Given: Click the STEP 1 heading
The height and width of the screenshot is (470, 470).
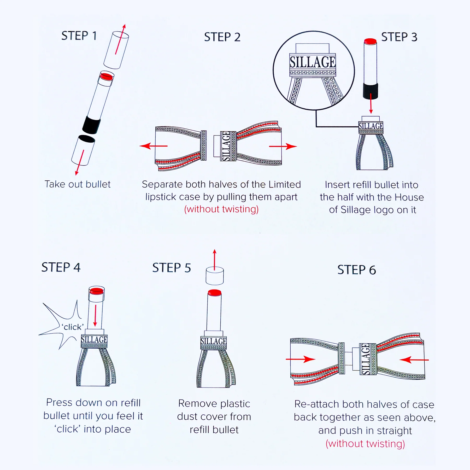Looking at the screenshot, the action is [79, 36].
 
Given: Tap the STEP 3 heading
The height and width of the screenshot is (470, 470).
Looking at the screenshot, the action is [399, 37].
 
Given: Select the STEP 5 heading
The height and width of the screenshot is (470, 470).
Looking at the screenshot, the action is [172, 268].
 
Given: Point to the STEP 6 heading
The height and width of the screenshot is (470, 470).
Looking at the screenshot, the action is [357, 270].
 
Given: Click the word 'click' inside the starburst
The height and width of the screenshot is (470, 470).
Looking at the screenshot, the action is [73, 327].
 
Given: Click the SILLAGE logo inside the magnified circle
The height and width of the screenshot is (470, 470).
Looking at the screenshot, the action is [313, 62].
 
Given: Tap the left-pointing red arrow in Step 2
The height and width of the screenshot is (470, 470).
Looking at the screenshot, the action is [154, 146].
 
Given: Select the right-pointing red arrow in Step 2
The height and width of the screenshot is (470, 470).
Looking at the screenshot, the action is [283, 146].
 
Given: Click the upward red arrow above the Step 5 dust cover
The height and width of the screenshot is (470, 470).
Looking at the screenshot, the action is [215, 260].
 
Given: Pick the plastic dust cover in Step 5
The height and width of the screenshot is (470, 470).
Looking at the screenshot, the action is [215, 276].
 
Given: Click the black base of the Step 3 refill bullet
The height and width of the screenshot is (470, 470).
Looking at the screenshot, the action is [371, 91].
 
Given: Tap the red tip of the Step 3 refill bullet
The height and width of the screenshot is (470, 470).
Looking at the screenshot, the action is [370, 41].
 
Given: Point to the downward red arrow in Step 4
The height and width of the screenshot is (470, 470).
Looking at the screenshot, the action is [95, 315].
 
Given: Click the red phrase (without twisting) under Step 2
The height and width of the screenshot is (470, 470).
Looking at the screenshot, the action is [221, 209].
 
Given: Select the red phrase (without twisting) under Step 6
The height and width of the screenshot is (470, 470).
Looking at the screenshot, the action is [365, 444].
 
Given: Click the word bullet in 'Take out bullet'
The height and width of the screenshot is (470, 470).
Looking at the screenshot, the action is [98, 184].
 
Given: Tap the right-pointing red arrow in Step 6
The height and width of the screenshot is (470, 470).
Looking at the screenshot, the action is [301, 359].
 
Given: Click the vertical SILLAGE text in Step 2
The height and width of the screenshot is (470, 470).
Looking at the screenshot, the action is [226, 146].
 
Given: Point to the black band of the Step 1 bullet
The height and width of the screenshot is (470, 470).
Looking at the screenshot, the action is [92, 125].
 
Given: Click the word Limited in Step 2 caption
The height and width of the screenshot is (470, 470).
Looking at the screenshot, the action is [285, 184].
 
